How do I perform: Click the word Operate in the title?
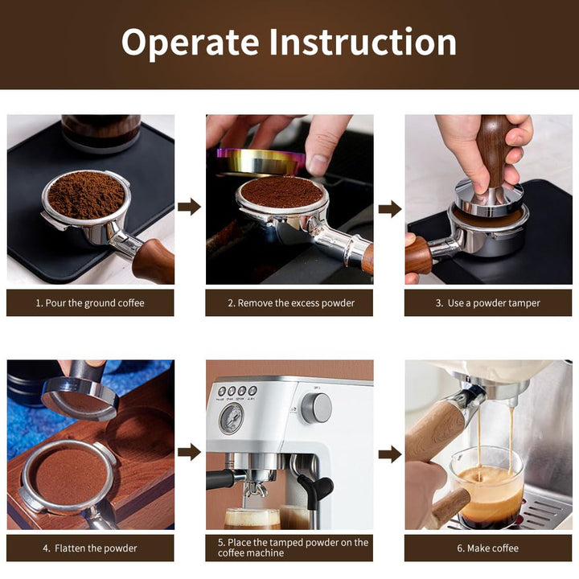coord(190,43)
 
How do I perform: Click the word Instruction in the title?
coord(362,42)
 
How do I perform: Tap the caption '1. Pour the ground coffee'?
coord(90,303)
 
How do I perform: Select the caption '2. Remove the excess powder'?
coord(291,303)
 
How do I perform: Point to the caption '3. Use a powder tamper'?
coord(487,303)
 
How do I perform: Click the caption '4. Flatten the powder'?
coord(90,548)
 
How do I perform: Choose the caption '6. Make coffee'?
coord(487,548)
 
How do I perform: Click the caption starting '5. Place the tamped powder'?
coord(293,548)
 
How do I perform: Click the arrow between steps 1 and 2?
coord(189,207)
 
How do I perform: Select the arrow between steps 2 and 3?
coord(390,209)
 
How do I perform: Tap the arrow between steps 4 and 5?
coord(189,452)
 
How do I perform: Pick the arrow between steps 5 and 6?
coord(390,454)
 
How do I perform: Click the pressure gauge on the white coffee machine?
coord(231,419)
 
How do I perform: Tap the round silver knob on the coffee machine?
coord(317,409)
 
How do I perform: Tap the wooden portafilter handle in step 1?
coord(154,261)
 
